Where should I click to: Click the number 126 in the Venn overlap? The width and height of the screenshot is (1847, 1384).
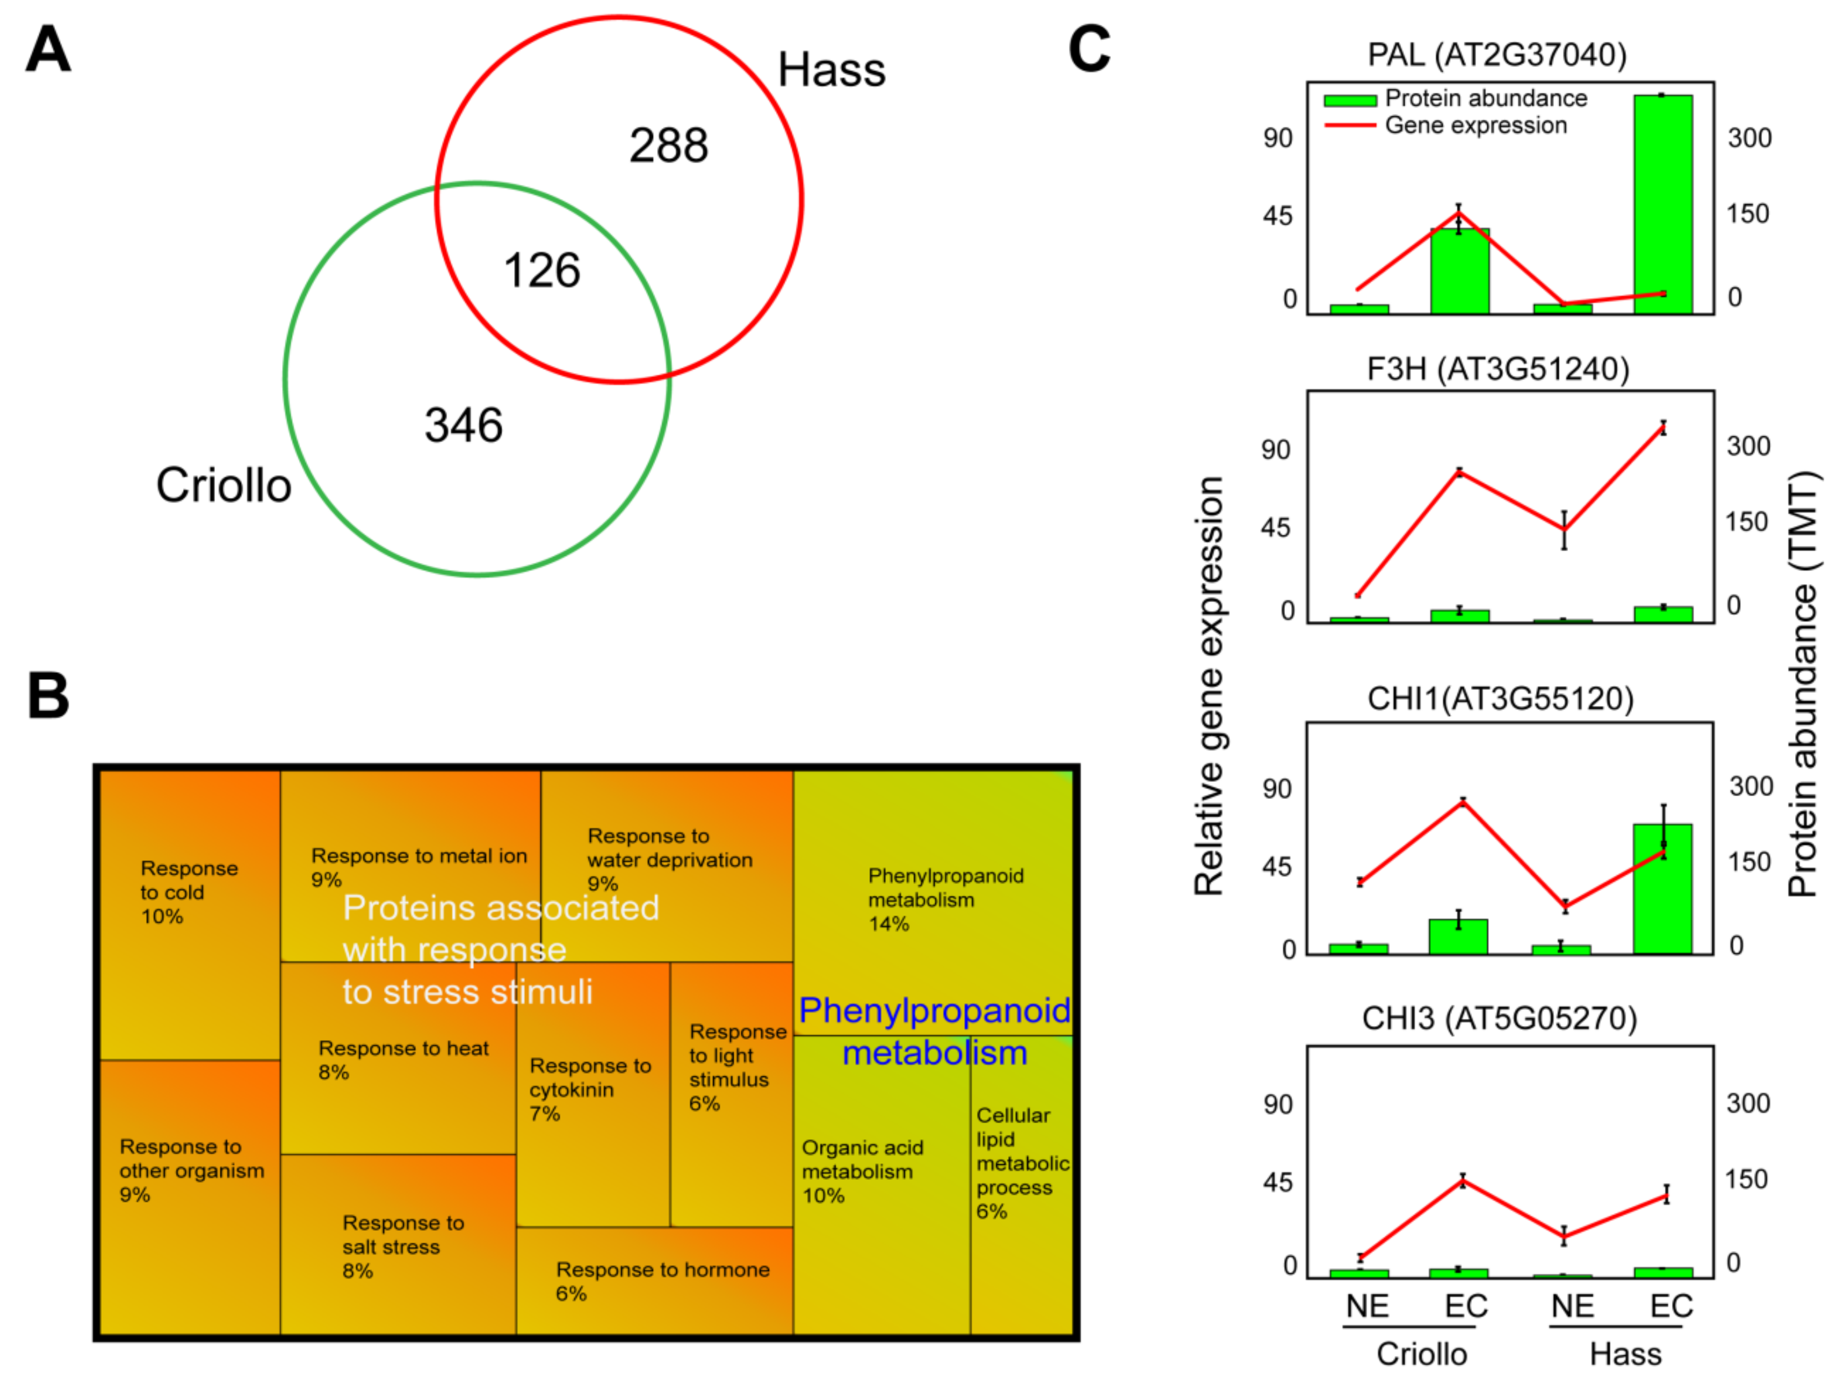point(542,271)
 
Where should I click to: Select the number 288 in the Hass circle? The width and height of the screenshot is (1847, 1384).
point(668,145)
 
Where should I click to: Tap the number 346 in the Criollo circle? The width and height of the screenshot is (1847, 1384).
point(463,425)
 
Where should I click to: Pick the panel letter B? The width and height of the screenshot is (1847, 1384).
point(48,696)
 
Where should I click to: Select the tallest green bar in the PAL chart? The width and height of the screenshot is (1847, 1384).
point(1663,205)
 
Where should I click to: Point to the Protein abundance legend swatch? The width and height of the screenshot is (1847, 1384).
point(1349,100)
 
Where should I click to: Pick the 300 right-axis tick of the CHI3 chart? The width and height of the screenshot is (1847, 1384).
point(1748,1103)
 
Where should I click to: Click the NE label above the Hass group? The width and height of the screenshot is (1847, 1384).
point(1572,1306)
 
